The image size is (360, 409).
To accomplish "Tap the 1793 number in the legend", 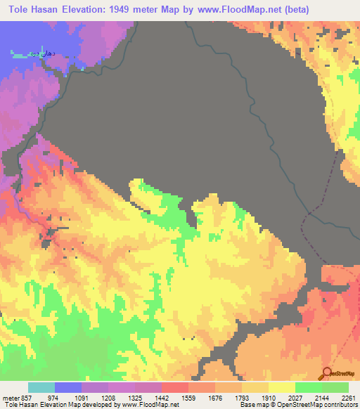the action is point(255,396).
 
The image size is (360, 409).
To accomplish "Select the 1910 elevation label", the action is point(282,396).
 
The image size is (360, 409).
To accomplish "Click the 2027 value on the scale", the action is point(309,396).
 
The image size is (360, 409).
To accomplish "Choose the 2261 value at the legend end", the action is point(349,396).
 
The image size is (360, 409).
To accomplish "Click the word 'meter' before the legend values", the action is point(11,396).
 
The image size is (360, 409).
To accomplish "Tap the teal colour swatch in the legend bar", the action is point(41,387).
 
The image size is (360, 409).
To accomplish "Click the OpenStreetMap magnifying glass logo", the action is point(326,373).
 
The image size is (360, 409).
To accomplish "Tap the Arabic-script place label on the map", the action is point(29,53).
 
